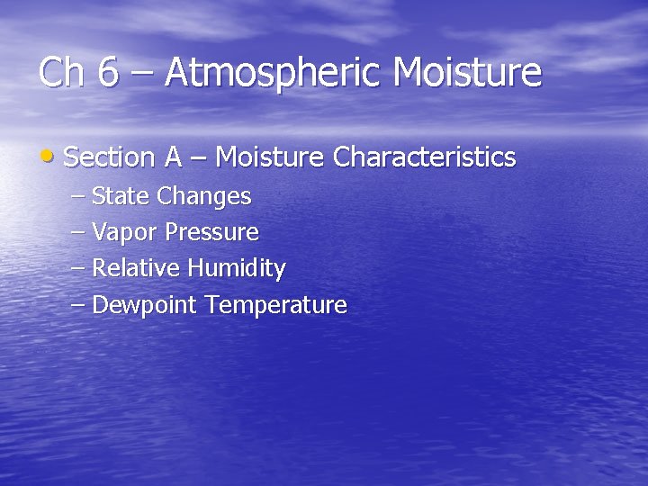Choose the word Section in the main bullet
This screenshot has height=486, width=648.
pyautogui.click(x=110, y=157)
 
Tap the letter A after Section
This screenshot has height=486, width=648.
pyautogui.click(x=174, y=157)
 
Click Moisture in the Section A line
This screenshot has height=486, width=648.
pyautogui.click(x=269, y=157)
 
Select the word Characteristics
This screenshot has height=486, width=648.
pyautogui.click(x=424, y=157)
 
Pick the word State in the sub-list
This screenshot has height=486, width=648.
pyautogui.click(x=121, y=195)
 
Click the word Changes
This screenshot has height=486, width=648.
pyautogui.click(x=203, y=196)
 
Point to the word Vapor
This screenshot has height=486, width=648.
pyautogui.click(x=122, y=233)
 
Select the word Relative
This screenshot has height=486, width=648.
pyautogui.click(x=137, y=268)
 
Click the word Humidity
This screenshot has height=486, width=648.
pyautogui.click(x=237, y=269)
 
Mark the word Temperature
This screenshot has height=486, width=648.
pyautogui.click(x=275, y=306)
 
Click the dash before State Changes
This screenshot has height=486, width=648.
pyautogui.click(x=77, y=196)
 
